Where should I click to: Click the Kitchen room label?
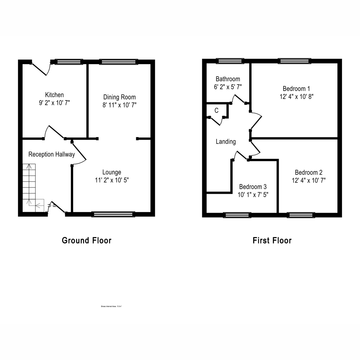(x=54, y=95)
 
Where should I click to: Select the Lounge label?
(x=112, y=172)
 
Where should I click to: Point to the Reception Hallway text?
(x=52, y=154)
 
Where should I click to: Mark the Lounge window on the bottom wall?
(x=113, y=214)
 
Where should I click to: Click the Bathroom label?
(x=228, y=79)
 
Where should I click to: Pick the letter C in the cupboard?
(x=217, y=111)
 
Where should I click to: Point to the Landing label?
(x=226, y=142)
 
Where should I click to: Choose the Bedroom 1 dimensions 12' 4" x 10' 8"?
(x=296, y=97)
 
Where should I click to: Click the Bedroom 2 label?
(x=308, y=172)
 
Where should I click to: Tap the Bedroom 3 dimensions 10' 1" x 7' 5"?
(x=253, y=194)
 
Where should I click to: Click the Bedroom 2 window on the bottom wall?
(x=301, y=215)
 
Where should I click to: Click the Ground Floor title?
(x=86, y=241)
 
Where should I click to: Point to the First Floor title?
(x=272, y=241)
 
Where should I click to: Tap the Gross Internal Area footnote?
(x=111, y=306)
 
